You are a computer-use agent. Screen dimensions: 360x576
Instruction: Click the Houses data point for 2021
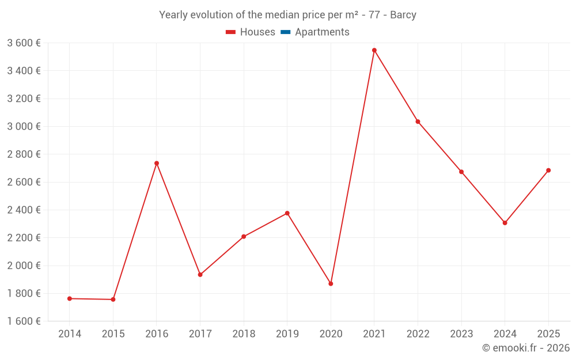tap(374, 50)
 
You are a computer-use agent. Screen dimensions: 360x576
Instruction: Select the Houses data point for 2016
tap(157, 163)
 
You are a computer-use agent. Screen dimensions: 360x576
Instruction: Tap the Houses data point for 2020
tap(331, 283)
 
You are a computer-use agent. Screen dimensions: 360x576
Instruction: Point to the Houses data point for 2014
tap(70, 298)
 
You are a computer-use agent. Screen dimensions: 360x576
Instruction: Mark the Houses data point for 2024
tap(505, 223)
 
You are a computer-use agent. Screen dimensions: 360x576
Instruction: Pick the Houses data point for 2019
tap(287, 213)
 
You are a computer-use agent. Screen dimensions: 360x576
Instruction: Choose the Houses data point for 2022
tap(418, 122)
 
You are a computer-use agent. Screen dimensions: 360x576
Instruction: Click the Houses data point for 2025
tap(548, 170)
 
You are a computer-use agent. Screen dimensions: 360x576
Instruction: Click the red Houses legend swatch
tap(230, 32)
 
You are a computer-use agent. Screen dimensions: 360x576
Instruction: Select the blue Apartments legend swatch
tap(285, 32)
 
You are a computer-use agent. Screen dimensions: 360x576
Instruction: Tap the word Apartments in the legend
tap(322, 32)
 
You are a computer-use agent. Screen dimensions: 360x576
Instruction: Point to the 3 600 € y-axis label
tap(24, 43)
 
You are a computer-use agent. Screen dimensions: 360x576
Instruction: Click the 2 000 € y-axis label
tap(24, 266)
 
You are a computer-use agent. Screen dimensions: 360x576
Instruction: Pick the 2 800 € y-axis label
tap(24, 154)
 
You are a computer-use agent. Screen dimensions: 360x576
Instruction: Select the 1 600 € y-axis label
tap(24, 321)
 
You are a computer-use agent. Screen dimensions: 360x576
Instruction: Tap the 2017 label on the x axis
tap(200, 334)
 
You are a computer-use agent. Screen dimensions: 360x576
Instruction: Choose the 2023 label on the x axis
tap(461, 334)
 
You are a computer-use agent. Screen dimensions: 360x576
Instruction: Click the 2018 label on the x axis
tap(244, 334)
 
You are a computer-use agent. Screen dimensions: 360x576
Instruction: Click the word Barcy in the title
tap(403, 15)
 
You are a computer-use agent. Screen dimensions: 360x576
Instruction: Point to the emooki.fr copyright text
tap(526, 348)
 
